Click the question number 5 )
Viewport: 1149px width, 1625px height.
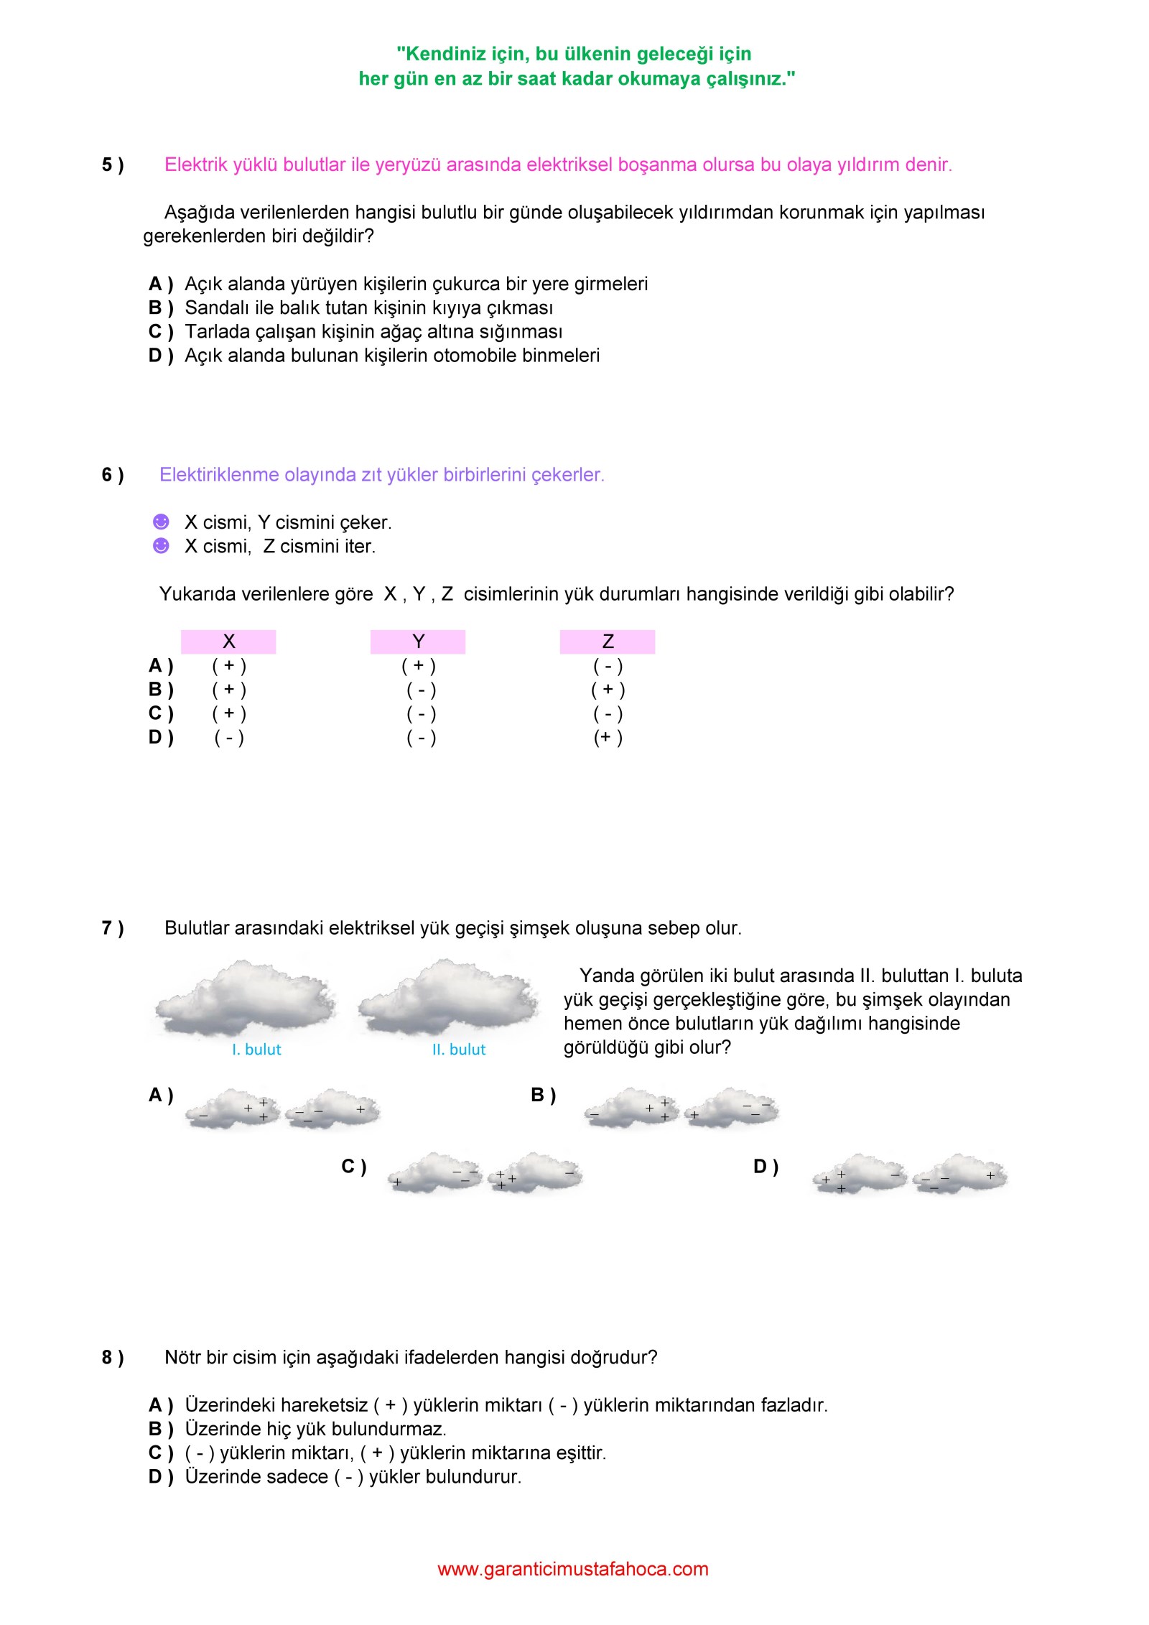click(x=112, y=165)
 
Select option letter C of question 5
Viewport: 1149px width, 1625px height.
click(x=160, y=331)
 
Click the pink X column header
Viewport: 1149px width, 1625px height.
click(x=228, y=642)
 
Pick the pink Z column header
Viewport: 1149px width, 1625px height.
click(x=608, y=642)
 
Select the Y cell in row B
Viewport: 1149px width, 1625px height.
click(x=421, y=690)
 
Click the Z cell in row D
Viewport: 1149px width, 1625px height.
click(x=608, y=737)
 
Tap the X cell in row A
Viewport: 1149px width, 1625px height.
click(x=229, y=666)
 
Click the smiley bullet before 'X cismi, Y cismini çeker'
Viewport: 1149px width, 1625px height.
click(x=161, y=522)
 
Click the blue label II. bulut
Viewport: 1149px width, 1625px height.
click(x=459, y=1050)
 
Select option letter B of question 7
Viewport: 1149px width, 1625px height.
click(x=543, y=1095)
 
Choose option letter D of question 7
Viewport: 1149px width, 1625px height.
click(x=766, y=1167)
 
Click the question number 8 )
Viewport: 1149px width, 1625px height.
click(x=112, y=1357)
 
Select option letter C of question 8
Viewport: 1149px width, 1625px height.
click(x=160, y=1453)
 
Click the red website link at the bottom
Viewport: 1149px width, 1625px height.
click(x=573, y=1569)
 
